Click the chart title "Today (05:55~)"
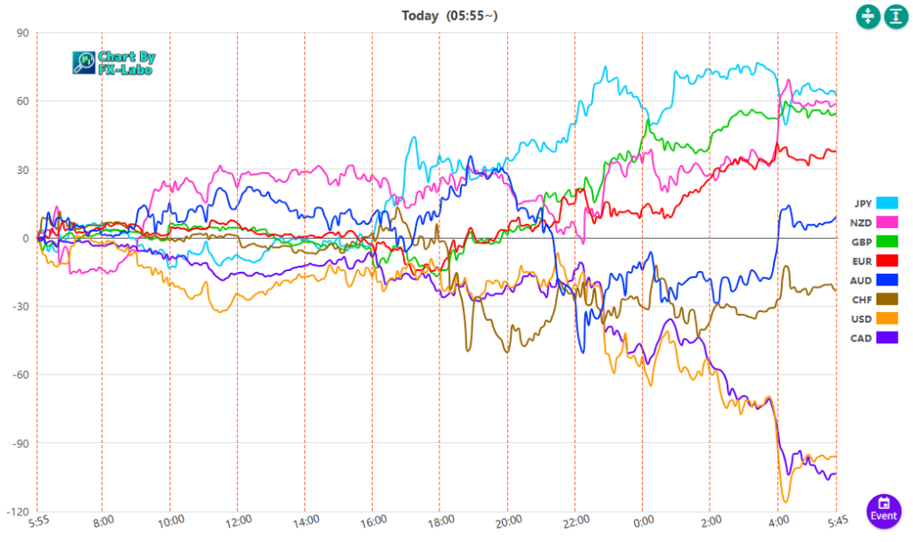coord(449,15)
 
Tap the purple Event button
coord(884,509)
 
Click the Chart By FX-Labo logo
coord(113,62)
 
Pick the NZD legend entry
coord(875,221)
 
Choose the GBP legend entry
coord(875,241)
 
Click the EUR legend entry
coord(875,259)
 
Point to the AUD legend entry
coord(875,279)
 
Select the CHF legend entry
coord(875,299)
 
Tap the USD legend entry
coord(875,317)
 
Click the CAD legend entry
coord(875,337)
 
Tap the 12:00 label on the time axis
coord(238,521)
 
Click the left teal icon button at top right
coord(868,17)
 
